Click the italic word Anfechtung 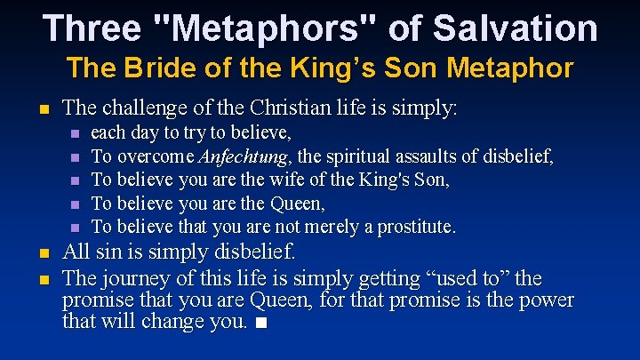pos(246,157)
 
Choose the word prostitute pos(417,227)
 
